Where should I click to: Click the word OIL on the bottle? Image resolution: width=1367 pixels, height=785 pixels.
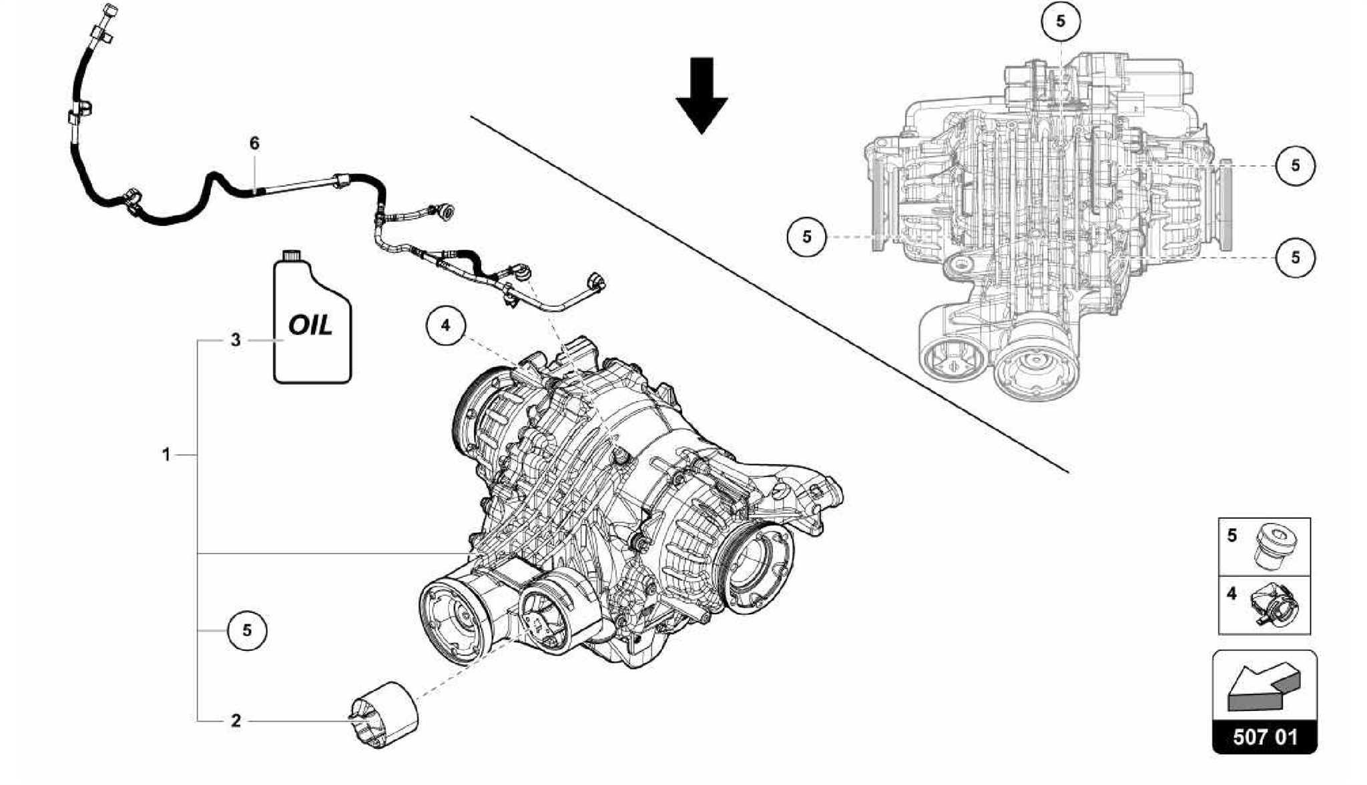(x=310, y=325)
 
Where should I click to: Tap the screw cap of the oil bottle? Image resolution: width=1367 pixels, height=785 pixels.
(x=291, y=256)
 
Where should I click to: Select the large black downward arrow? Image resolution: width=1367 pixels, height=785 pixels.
(x=702, y=95)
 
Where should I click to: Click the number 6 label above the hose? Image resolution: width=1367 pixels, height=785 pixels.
(x=254, y=143)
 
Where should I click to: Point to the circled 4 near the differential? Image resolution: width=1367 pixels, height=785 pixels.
(x=446, y=325)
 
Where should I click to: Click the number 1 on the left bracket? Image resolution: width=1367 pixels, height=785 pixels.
(x=166, y=455)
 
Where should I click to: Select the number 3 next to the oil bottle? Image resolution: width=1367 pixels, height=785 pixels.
(x=236, y=340)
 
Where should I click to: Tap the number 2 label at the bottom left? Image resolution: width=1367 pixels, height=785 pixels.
(x=236, y=721)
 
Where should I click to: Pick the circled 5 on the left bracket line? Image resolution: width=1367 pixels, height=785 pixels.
(x=247, y=630)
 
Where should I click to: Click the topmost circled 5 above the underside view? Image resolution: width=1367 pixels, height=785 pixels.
(x=1061, y=21)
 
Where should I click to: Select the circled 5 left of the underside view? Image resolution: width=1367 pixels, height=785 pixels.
(x=807, y=237)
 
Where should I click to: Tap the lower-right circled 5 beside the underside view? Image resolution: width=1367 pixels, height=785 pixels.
(x=1295, y=257)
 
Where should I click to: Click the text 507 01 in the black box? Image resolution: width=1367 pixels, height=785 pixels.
(x=1265, y=738)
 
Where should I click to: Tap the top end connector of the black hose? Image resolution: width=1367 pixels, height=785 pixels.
(x=109, y=13)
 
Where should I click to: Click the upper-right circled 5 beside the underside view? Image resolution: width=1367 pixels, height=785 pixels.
(x=1295, y=165)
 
